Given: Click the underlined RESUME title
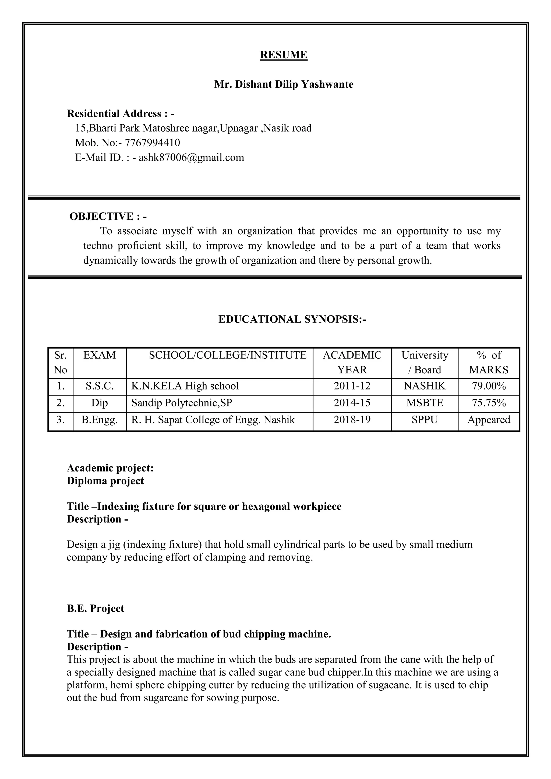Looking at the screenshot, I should click(x=283, y=55).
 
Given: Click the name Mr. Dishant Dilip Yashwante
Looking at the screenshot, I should click(x=283, y=84).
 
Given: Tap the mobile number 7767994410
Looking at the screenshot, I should click(x=152, y=143).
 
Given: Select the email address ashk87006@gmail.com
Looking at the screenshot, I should click(x=191, y=157).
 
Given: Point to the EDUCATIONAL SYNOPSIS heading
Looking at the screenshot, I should click(x=292, y=319).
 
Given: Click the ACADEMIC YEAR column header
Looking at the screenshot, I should click(x=352, y=362).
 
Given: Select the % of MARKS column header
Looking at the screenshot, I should click(x=488, y=362).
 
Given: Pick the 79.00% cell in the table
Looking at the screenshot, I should click(x=489, y=386).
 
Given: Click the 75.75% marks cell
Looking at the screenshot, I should click(x=489, y=403).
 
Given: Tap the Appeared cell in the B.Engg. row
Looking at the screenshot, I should click(x=489, y=420).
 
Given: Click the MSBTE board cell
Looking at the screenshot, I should click(x=425, y=403).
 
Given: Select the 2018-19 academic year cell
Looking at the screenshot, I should click(x=352, y=420).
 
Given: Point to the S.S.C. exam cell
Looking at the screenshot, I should click(x=99, y=386).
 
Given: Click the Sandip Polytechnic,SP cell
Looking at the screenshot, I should click(x=182, y=403).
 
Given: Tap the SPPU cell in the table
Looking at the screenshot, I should click(x=425, y=420).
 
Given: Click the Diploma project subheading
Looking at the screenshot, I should click(x=105, y=481).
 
